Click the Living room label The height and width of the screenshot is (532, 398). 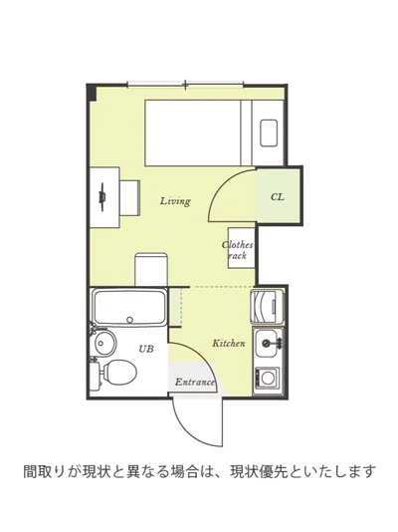point(175,201)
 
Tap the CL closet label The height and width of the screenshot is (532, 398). point(278,197)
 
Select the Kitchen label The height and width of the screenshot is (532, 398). point(228,343)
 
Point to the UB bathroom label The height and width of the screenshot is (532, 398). point(146,349)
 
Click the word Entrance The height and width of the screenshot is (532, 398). point(195,382)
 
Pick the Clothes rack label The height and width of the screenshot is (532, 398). point(238,250)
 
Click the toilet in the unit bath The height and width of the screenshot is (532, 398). point(115,373)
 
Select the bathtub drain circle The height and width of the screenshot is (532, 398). point(129,320)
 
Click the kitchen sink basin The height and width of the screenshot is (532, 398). point(269,343)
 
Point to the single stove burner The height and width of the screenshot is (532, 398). point(268,378)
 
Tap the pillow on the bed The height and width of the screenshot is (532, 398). point(269,133)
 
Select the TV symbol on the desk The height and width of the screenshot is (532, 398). point(101,197)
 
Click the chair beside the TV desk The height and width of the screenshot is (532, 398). point(130,198)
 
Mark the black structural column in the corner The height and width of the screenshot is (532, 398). point(92,93)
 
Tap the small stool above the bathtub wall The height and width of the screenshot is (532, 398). point(151,269)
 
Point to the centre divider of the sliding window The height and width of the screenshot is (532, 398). point(185,84)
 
